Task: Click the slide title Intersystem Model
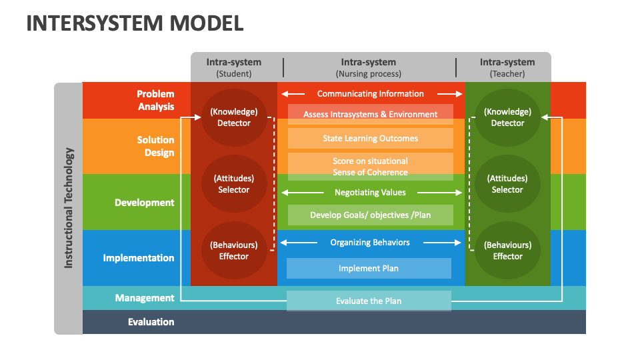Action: click(135, 23)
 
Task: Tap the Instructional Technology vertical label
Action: click(69, 207)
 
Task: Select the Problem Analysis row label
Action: click(155, 100)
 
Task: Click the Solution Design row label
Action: click(155, 146)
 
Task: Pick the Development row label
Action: click(144, 203)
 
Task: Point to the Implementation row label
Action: click(139, 258)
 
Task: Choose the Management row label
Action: click(145, 298)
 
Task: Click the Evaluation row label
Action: click(151, 322)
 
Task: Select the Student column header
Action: click(233, 67)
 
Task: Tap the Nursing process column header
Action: click(369, 67)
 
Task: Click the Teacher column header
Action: click(507, 67)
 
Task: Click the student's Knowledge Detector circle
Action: click(234, 117)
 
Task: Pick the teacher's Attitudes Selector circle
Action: click(507, 184)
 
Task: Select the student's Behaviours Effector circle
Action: click(234, 251)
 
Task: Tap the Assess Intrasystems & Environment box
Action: click(370, 114)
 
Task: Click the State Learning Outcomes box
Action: click(370, 138)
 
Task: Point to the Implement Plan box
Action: click(369, 268)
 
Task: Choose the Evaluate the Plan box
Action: click(369, 301)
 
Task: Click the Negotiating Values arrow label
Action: click(370, 192)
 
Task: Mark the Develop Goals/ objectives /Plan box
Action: click(370, 215)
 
